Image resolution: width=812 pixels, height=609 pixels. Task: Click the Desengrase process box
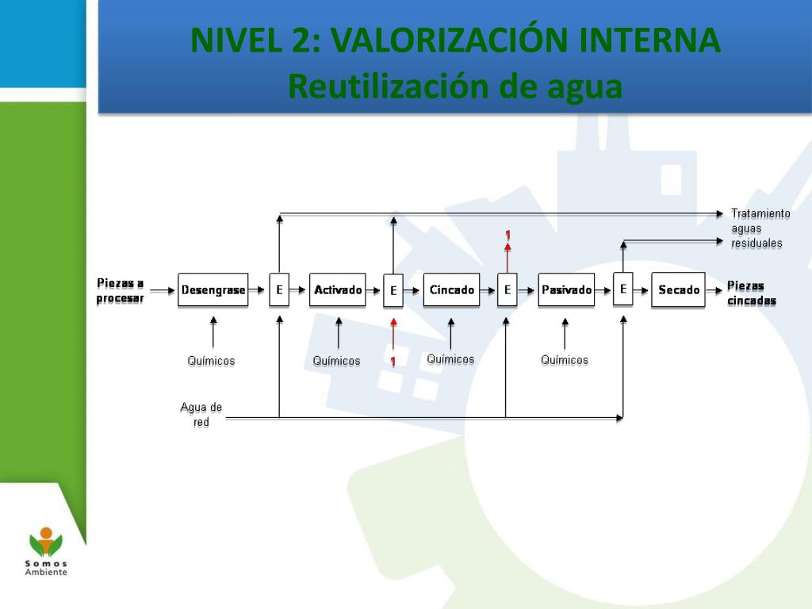coord(213,290)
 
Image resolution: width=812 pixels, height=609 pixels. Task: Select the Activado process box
coord(338,290)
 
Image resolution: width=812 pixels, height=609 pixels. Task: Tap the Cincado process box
coord(452,290)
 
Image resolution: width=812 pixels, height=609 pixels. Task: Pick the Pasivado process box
coord(566,290)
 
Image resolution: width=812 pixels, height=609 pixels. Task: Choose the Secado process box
coord(678,290)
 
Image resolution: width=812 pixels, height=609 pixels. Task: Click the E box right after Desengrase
coord(279,290)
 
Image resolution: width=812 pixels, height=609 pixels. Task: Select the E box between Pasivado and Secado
coord(623,289)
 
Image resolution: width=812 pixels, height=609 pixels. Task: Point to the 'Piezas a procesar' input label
coord(121,290)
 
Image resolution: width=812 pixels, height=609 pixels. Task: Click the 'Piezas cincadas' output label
coord(752,293)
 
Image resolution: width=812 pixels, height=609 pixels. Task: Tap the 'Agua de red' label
coord(201,415)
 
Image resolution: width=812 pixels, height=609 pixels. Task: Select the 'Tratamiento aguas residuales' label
coord(760,228)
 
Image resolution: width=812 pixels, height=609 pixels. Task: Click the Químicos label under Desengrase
coord(211,361)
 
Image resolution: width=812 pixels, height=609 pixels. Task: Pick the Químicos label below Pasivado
coord(565,360)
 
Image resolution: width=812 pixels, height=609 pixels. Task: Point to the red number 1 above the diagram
coord(507,235)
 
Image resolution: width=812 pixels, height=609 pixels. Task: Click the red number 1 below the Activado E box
coord(393,362)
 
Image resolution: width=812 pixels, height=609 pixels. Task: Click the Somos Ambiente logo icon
coord(46,543)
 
